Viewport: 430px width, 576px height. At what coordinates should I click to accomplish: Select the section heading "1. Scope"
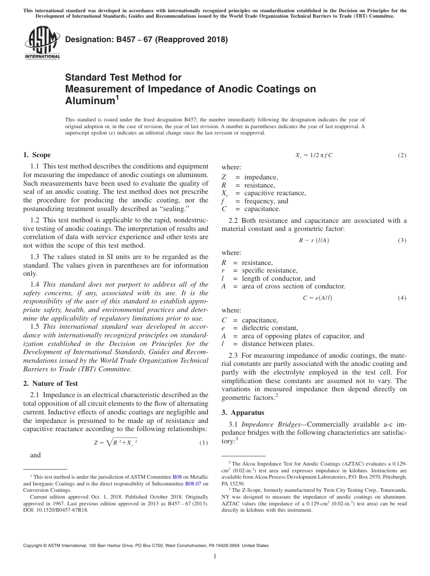click(37, 155)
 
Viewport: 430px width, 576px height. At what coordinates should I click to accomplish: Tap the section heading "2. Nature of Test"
click(50, 383)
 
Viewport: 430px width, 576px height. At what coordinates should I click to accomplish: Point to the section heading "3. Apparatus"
click(243, 413)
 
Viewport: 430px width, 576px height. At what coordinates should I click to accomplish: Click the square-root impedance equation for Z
click(115, 442)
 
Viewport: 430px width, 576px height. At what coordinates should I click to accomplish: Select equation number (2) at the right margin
click(402, 155)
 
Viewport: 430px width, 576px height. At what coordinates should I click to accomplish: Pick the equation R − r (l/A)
click(314, 240)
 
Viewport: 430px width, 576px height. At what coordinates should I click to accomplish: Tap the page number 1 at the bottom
click(215, 557)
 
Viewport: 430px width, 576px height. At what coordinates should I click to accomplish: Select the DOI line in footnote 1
click(56, 509)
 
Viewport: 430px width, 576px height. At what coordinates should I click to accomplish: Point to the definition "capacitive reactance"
click(275, 193)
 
